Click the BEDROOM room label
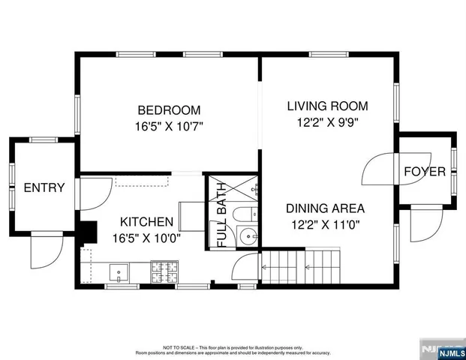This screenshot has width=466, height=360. click(x=169, y=109)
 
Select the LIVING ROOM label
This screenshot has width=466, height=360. click(x=328, y=106)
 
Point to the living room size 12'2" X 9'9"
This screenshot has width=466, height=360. click(x=328, y=122)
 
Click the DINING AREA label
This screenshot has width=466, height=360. click(x=326, y=208)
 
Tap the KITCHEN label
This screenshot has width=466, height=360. click(x=147, y=223)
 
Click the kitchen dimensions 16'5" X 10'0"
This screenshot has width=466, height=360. click(x=147, y=238)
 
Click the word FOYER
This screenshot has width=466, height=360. click(x=425, y=172)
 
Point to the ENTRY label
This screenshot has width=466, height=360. click(x=44, y=187)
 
